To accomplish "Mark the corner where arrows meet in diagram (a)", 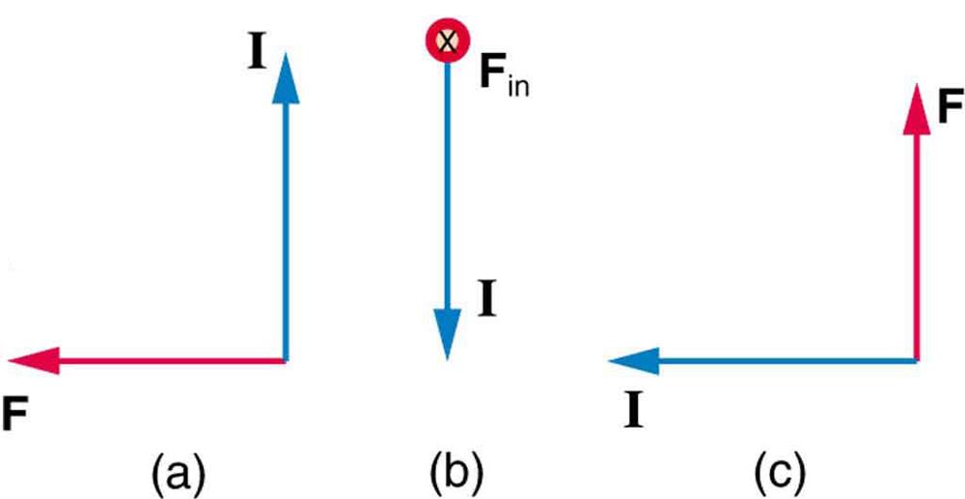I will coord(286,360).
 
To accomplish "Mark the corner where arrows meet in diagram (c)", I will coord(914,361).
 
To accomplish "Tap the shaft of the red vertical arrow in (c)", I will coord(914,241).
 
